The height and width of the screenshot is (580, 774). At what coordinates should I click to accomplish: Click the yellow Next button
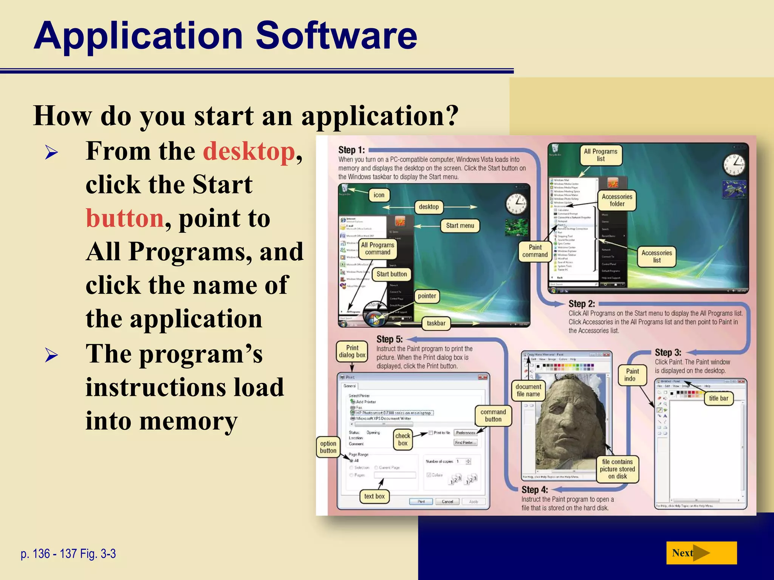701,553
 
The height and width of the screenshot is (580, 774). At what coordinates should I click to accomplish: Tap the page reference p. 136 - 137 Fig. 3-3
68,554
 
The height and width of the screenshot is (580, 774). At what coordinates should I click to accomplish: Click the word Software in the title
336,35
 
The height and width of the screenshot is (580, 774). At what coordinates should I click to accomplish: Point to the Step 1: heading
351,150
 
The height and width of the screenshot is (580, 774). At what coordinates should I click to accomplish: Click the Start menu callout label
460,226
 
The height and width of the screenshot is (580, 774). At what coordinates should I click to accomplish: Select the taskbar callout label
436,323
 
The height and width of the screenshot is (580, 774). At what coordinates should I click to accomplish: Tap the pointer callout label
427,296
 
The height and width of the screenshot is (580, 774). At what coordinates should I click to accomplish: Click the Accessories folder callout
617,200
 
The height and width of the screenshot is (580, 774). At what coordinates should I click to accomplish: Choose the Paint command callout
535,251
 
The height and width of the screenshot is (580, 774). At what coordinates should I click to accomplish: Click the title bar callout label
718,398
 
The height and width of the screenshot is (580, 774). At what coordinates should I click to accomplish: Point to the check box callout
402,440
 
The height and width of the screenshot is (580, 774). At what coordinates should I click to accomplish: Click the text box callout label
374,497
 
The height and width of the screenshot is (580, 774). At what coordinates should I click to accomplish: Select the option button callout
328,447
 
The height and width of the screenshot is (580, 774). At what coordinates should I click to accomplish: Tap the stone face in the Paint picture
567,419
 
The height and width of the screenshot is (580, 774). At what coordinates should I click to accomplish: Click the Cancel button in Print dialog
447,501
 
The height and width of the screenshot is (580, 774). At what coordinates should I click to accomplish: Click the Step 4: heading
534,490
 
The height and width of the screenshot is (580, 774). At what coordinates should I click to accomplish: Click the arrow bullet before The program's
51,355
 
